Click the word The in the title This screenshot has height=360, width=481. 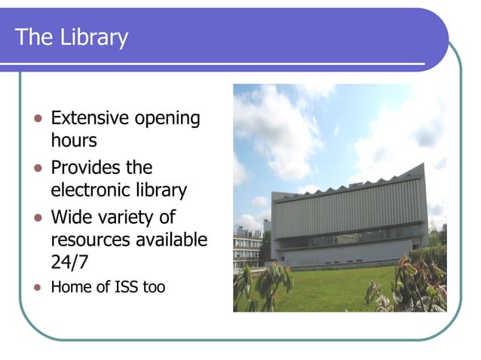pyautogui.click(x=32, y=37)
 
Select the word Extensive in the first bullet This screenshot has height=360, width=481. pyautogui.click(x=89, y=118)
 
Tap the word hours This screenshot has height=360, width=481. pyautogui.click(x=74, y=140)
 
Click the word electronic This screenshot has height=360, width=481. pyautogui.click(x=91, y=191)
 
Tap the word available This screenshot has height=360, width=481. pyautogui.click(x=174, y=240)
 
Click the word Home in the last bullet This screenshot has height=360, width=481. pyautogui.click(x=69, y=287)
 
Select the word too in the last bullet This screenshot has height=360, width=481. pyautogui.click(x=153, y=287)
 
